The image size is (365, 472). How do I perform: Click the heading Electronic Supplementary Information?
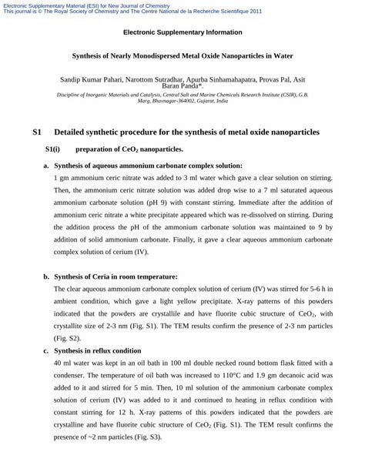click(182, 32)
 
